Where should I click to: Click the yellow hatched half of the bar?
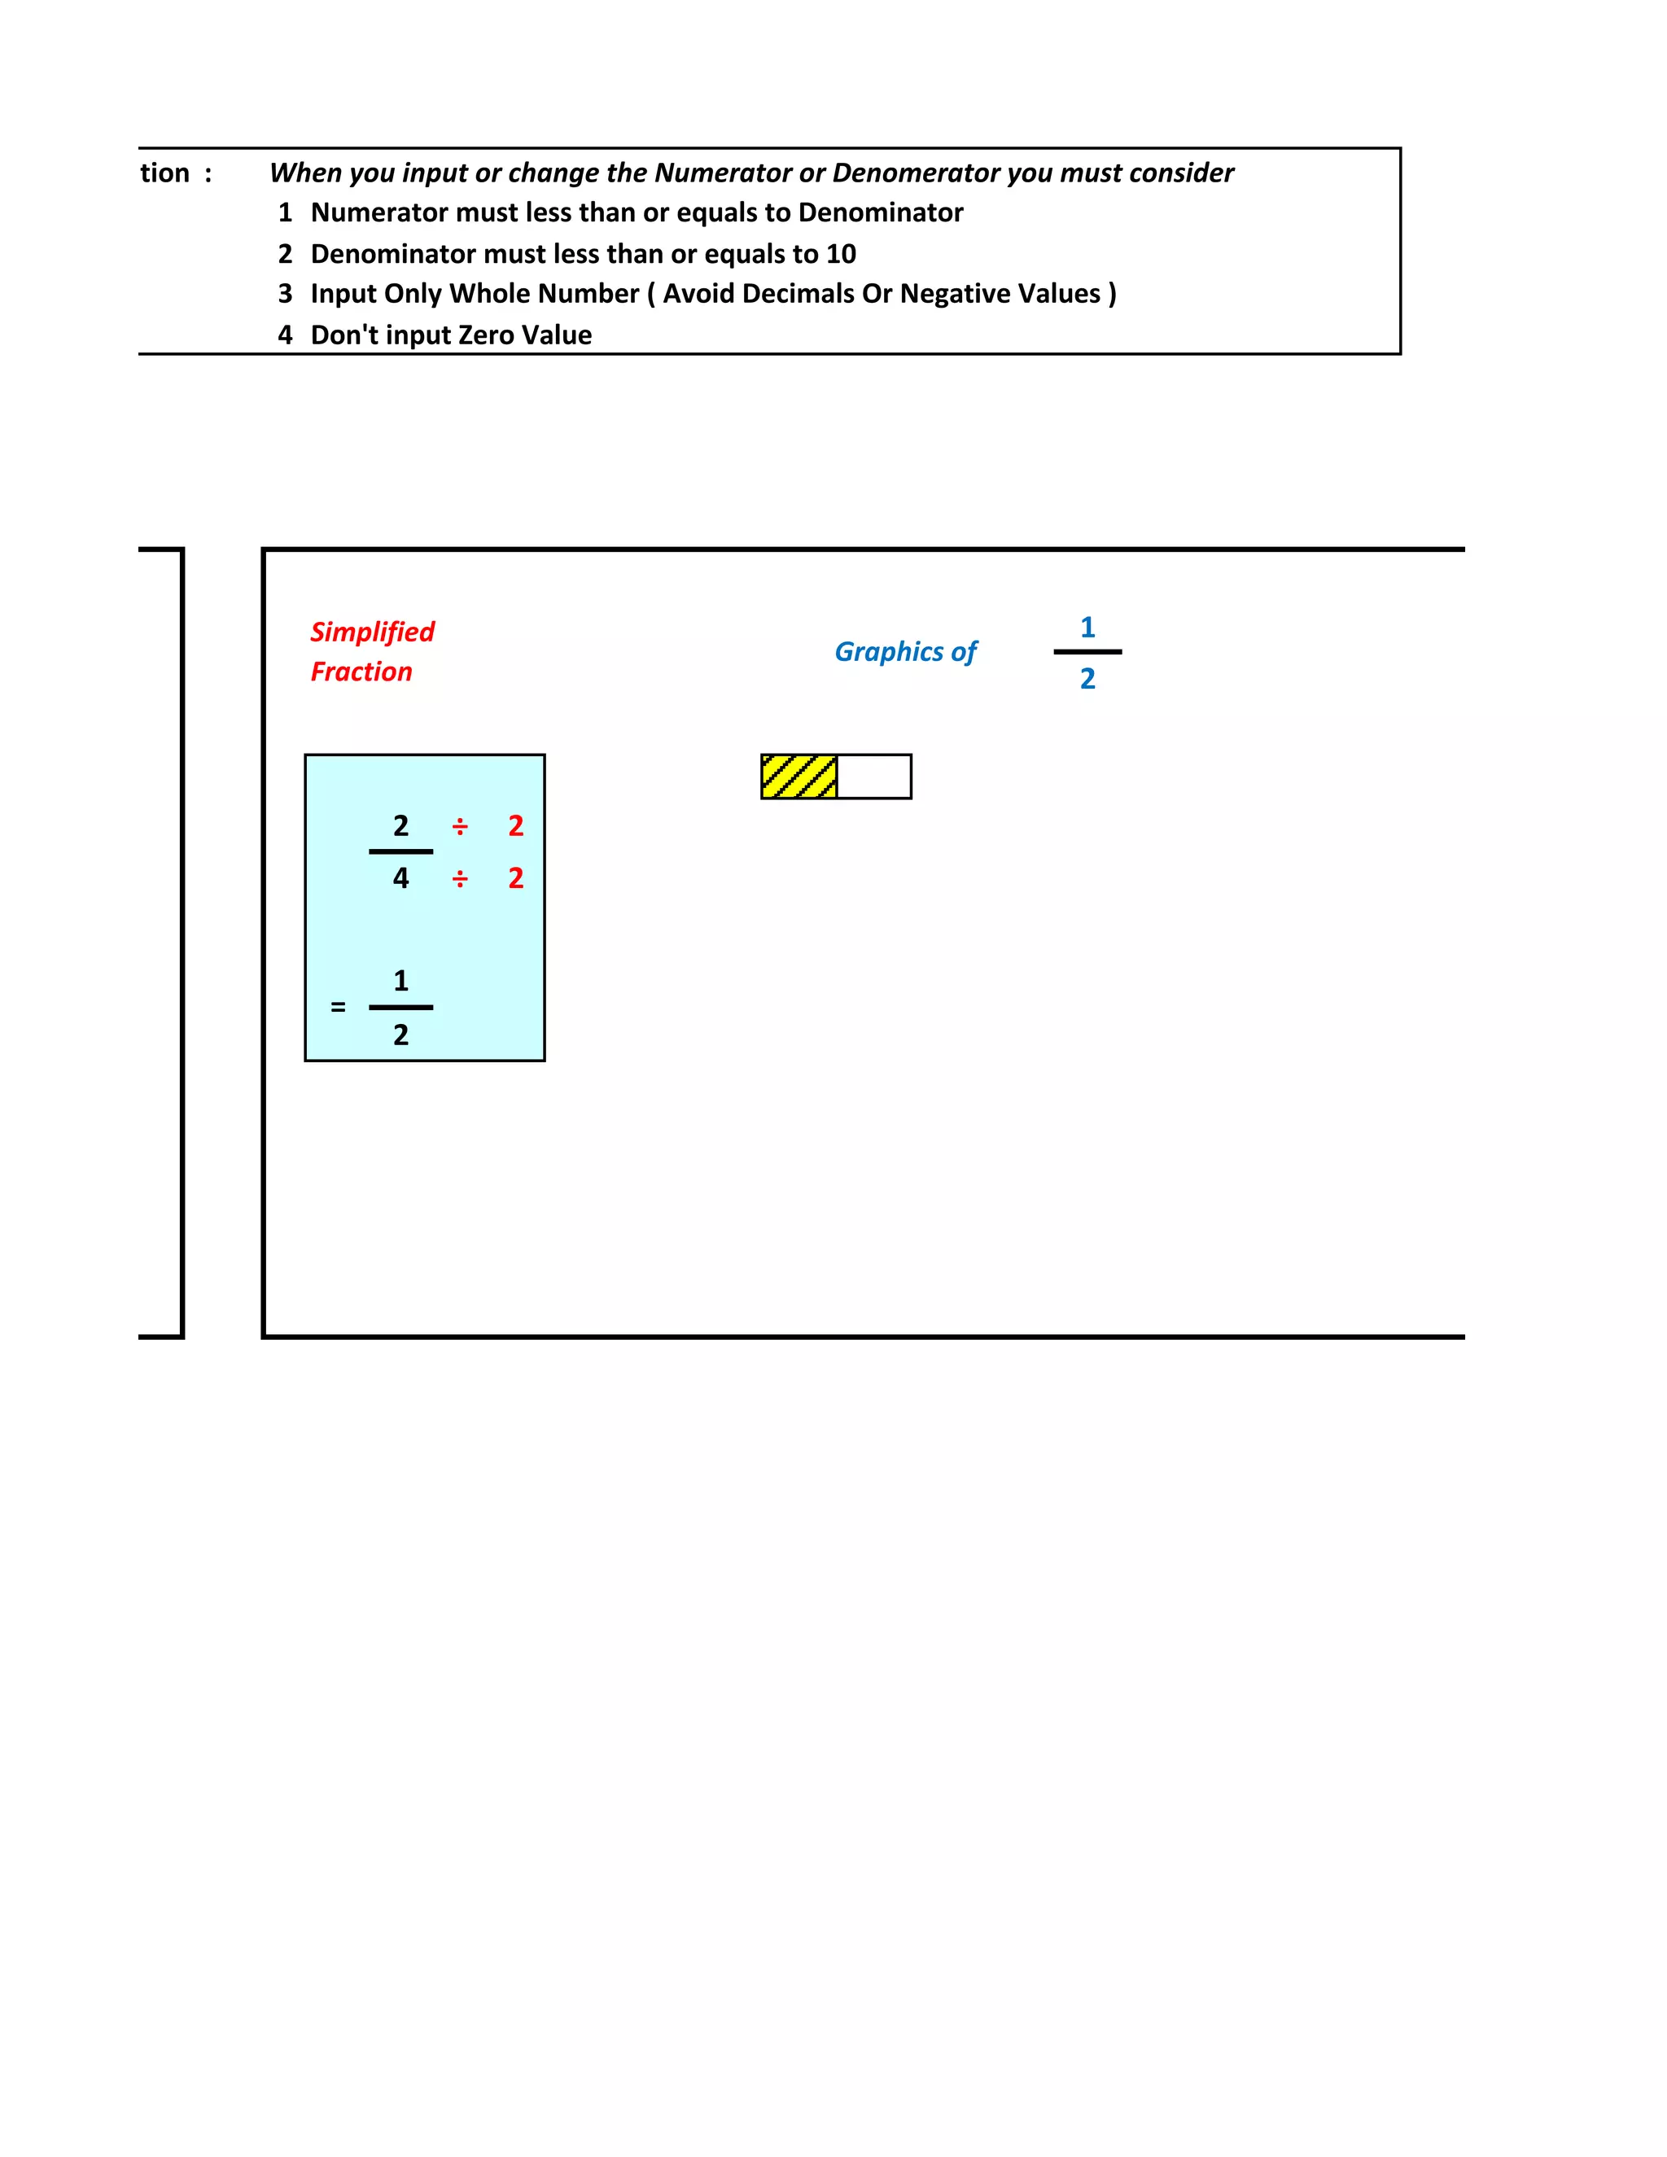[x=799, y=777]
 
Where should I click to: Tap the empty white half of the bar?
[x=874, y=777]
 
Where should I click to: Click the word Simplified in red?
[x=372, y=632]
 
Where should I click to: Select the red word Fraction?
[x=361, y=672]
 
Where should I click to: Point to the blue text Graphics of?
[x=906, y=652]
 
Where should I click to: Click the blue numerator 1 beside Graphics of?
[x=1087, y=627]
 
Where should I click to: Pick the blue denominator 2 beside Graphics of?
[x=1087, y=679]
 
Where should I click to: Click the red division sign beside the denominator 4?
[x=460, y=879]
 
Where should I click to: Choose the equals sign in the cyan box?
[x=338, y=1008]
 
